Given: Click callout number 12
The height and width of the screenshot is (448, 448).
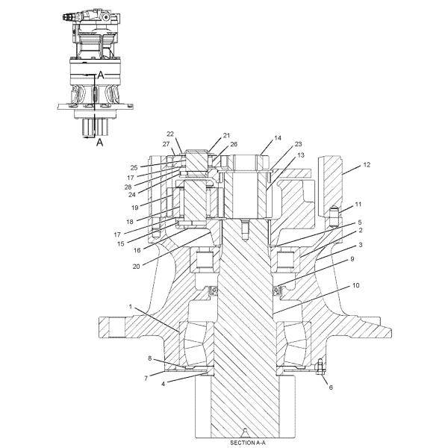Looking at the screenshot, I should point(367,164).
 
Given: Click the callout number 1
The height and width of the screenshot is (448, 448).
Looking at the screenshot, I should point(132,307).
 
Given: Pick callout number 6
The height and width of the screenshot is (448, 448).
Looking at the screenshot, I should point(331,388).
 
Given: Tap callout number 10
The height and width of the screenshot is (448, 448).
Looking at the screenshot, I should point(355,285).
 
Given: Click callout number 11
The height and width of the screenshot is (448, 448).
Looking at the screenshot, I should point(358,203).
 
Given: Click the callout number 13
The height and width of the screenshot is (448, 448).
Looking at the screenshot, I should point(281,155).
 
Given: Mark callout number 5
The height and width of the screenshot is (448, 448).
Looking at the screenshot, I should point(359,222).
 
